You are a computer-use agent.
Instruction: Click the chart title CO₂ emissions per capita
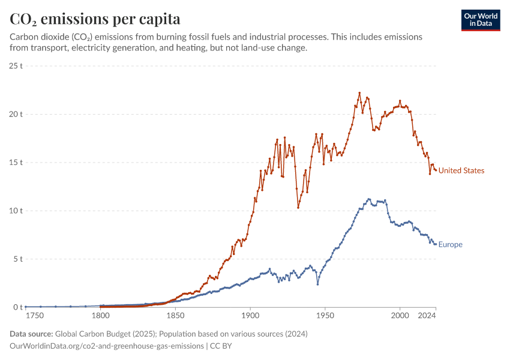click(x=95, y=19)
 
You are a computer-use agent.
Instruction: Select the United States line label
click(x=461, y=170)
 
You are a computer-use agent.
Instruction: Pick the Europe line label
click(x=450, y=244)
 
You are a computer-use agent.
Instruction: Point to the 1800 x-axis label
click(x=100, y=315)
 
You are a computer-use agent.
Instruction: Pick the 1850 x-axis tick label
click(x=175, y=315)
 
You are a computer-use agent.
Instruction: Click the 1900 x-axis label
click(x=250, y=315)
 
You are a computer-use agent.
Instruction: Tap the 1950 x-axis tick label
click(x=325, y=315)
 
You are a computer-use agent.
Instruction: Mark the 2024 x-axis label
click(x=427, y=315)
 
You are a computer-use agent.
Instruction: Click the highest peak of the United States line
click(x=359, y=93)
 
